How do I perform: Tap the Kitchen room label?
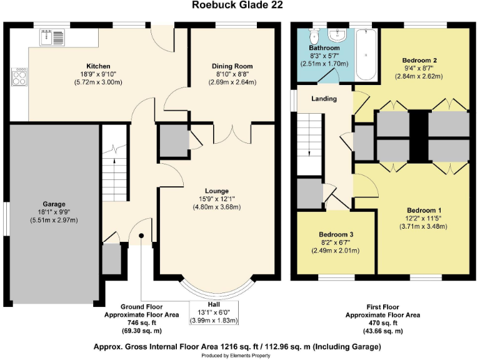98,66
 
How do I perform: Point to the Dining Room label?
232,66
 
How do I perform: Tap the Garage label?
54,204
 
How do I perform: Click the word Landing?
324,99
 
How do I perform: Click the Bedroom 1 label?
424,210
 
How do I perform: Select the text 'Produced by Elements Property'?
236,355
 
